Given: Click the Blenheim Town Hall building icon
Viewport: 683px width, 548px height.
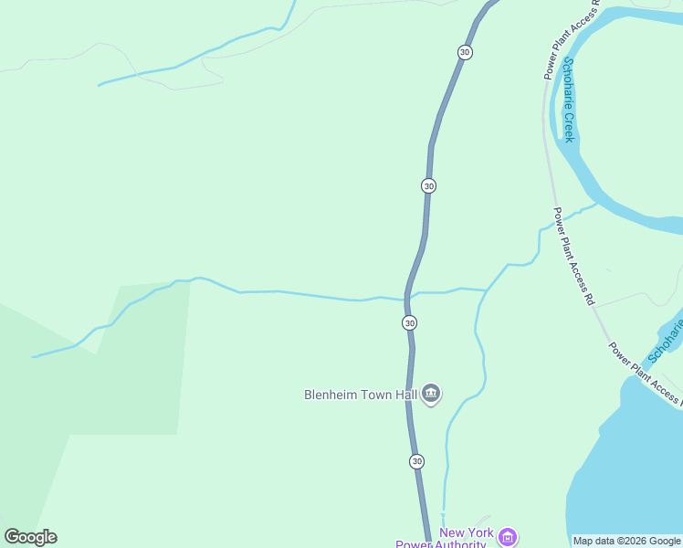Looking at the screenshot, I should tap(431, 395).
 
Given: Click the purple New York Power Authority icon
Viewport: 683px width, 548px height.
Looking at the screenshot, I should tap(509, 537).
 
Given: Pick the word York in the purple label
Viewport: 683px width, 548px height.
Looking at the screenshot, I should tap(480, 532).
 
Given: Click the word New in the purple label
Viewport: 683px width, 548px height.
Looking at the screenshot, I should tap(452, 532).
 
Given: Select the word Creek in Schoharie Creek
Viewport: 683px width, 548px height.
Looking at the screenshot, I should tap(569, 126).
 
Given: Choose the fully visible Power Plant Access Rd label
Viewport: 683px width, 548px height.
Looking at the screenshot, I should tap(573, 256).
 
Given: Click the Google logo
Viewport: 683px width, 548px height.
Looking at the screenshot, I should tap(31, 537).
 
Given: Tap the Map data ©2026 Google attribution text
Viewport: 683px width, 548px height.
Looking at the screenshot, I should tap(626, 541).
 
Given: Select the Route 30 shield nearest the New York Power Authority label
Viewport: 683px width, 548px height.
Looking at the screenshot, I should tap(416, 461).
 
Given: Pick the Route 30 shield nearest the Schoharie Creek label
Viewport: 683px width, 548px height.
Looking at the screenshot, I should tap(465, 53).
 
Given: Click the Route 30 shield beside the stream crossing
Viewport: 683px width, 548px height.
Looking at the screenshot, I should tap(409, 322).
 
